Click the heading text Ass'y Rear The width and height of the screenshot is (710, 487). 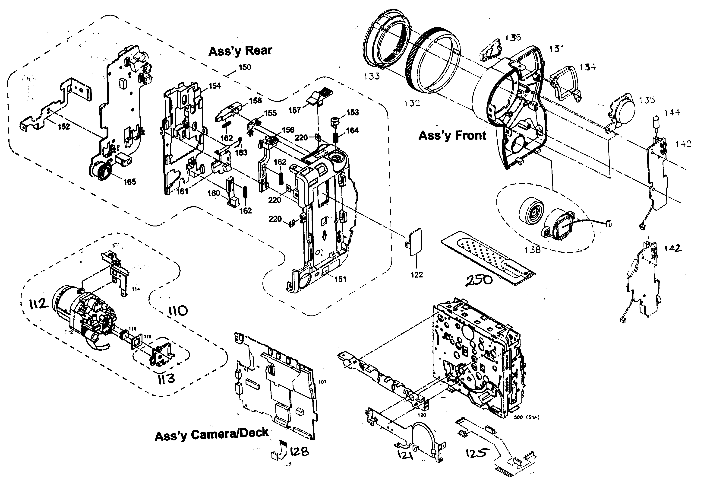(x=240, y=51)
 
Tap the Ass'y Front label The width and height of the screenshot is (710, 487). (x=452, y=135)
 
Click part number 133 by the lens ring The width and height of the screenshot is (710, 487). (x=372, y=76)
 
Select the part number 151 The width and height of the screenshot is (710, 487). (x=340, y=279)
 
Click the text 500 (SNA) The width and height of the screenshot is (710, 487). (x=526, y=417)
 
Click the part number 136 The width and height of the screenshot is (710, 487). (x=513, y=38)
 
